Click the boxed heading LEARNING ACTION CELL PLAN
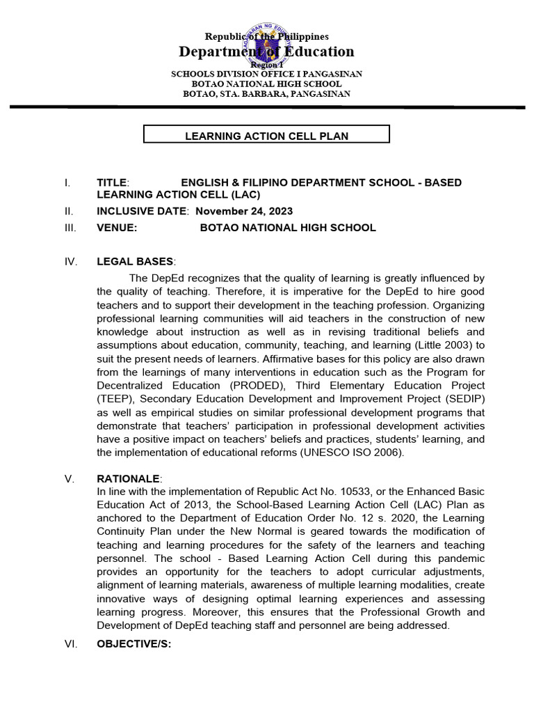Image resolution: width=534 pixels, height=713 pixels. pos(266,136)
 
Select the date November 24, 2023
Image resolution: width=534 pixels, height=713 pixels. pos(244,211)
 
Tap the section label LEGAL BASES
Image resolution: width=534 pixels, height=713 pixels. pos(135,261)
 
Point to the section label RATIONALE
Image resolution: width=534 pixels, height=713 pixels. pos(129,479)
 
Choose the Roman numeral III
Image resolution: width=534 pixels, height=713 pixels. pos(67,228)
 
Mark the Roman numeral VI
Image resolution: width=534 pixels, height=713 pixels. pos(70,644)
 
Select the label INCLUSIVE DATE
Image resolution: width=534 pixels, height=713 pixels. pos(142,211)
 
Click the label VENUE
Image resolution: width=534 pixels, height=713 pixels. pos(117,228)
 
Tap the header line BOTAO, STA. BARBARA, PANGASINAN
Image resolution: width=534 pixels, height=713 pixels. pos(266,93)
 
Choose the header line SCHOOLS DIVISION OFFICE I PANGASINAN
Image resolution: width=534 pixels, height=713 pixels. pos(266,74)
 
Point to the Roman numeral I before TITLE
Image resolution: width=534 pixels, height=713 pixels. pos(66,182)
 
